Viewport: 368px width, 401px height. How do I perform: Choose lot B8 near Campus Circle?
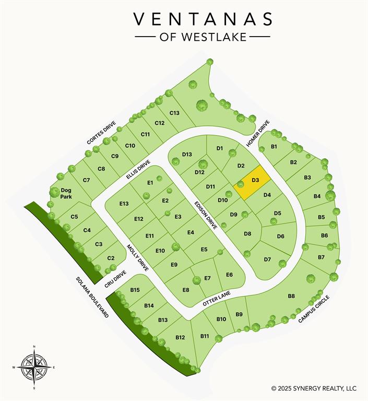291,296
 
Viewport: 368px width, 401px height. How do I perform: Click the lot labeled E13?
124,203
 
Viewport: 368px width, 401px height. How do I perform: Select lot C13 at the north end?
174,113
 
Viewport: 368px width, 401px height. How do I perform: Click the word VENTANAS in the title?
203,19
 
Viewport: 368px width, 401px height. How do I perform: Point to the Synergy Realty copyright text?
314,388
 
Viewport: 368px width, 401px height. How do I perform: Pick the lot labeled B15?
135,290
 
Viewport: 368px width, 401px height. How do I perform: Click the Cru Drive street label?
115,279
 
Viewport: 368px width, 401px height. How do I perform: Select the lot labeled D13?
187,154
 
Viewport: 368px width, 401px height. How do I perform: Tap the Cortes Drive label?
101,133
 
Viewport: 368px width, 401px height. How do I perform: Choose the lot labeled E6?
229,275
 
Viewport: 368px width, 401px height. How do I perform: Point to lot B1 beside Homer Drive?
274,147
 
